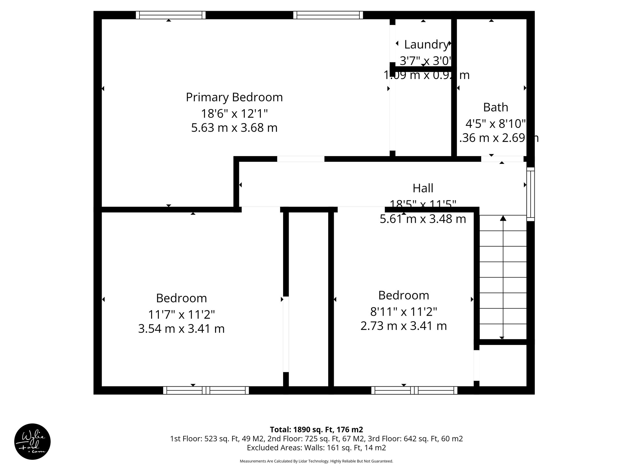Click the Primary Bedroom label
[234, 97]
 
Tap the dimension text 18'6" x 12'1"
[234, 114]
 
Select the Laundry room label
[426, 45]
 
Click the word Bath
[495, 107]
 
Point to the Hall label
[423, 188]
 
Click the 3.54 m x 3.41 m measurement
[181, 329]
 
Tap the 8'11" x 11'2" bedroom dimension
[404, 312]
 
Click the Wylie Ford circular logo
[32, 442]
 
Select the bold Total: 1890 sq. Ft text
[316, 430]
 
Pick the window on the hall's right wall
[530, 194]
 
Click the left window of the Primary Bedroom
[171, 15]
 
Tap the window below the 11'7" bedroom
[206, 390]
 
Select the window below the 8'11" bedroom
[414, 390]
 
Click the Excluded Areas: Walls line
[316, 447]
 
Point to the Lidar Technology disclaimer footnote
[316, 461]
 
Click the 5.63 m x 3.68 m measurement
[234, 128]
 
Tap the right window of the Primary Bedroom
[328, 15]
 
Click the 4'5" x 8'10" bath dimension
[495, 124]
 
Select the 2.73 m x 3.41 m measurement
[404, 326]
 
